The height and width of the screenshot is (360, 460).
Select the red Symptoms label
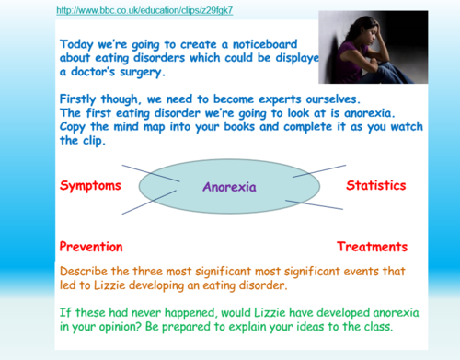(x=90, y=186)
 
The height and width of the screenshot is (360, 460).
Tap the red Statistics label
(x=376, y=186)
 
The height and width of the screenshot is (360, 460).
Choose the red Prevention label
(x=92, y=247)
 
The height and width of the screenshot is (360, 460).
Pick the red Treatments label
(x=372, y=247)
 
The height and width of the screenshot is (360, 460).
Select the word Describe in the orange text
(x=88, y=273)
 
